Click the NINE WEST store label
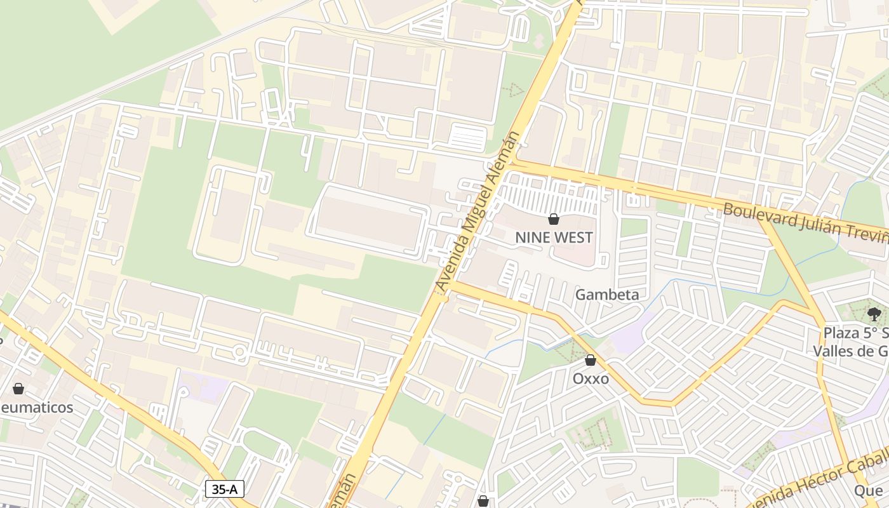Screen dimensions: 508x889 [554, 237]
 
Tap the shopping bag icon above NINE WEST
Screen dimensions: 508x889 [554, 220]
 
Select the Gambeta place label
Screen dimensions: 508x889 [607, 295]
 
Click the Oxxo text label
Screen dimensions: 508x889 [591, 379]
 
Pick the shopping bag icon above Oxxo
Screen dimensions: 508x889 [591, 361]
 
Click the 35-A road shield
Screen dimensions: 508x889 [225, 489]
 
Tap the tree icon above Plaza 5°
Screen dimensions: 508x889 [874, 313]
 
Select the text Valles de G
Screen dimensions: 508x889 [851, 351]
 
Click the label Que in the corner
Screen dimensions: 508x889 [868, 490]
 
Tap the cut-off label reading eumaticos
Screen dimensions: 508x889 [37, 407]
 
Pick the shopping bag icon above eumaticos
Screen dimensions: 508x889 [18, 389]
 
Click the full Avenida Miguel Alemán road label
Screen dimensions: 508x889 [478, 212]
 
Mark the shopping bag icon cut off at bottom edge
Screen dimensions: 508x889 [483, 501]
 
